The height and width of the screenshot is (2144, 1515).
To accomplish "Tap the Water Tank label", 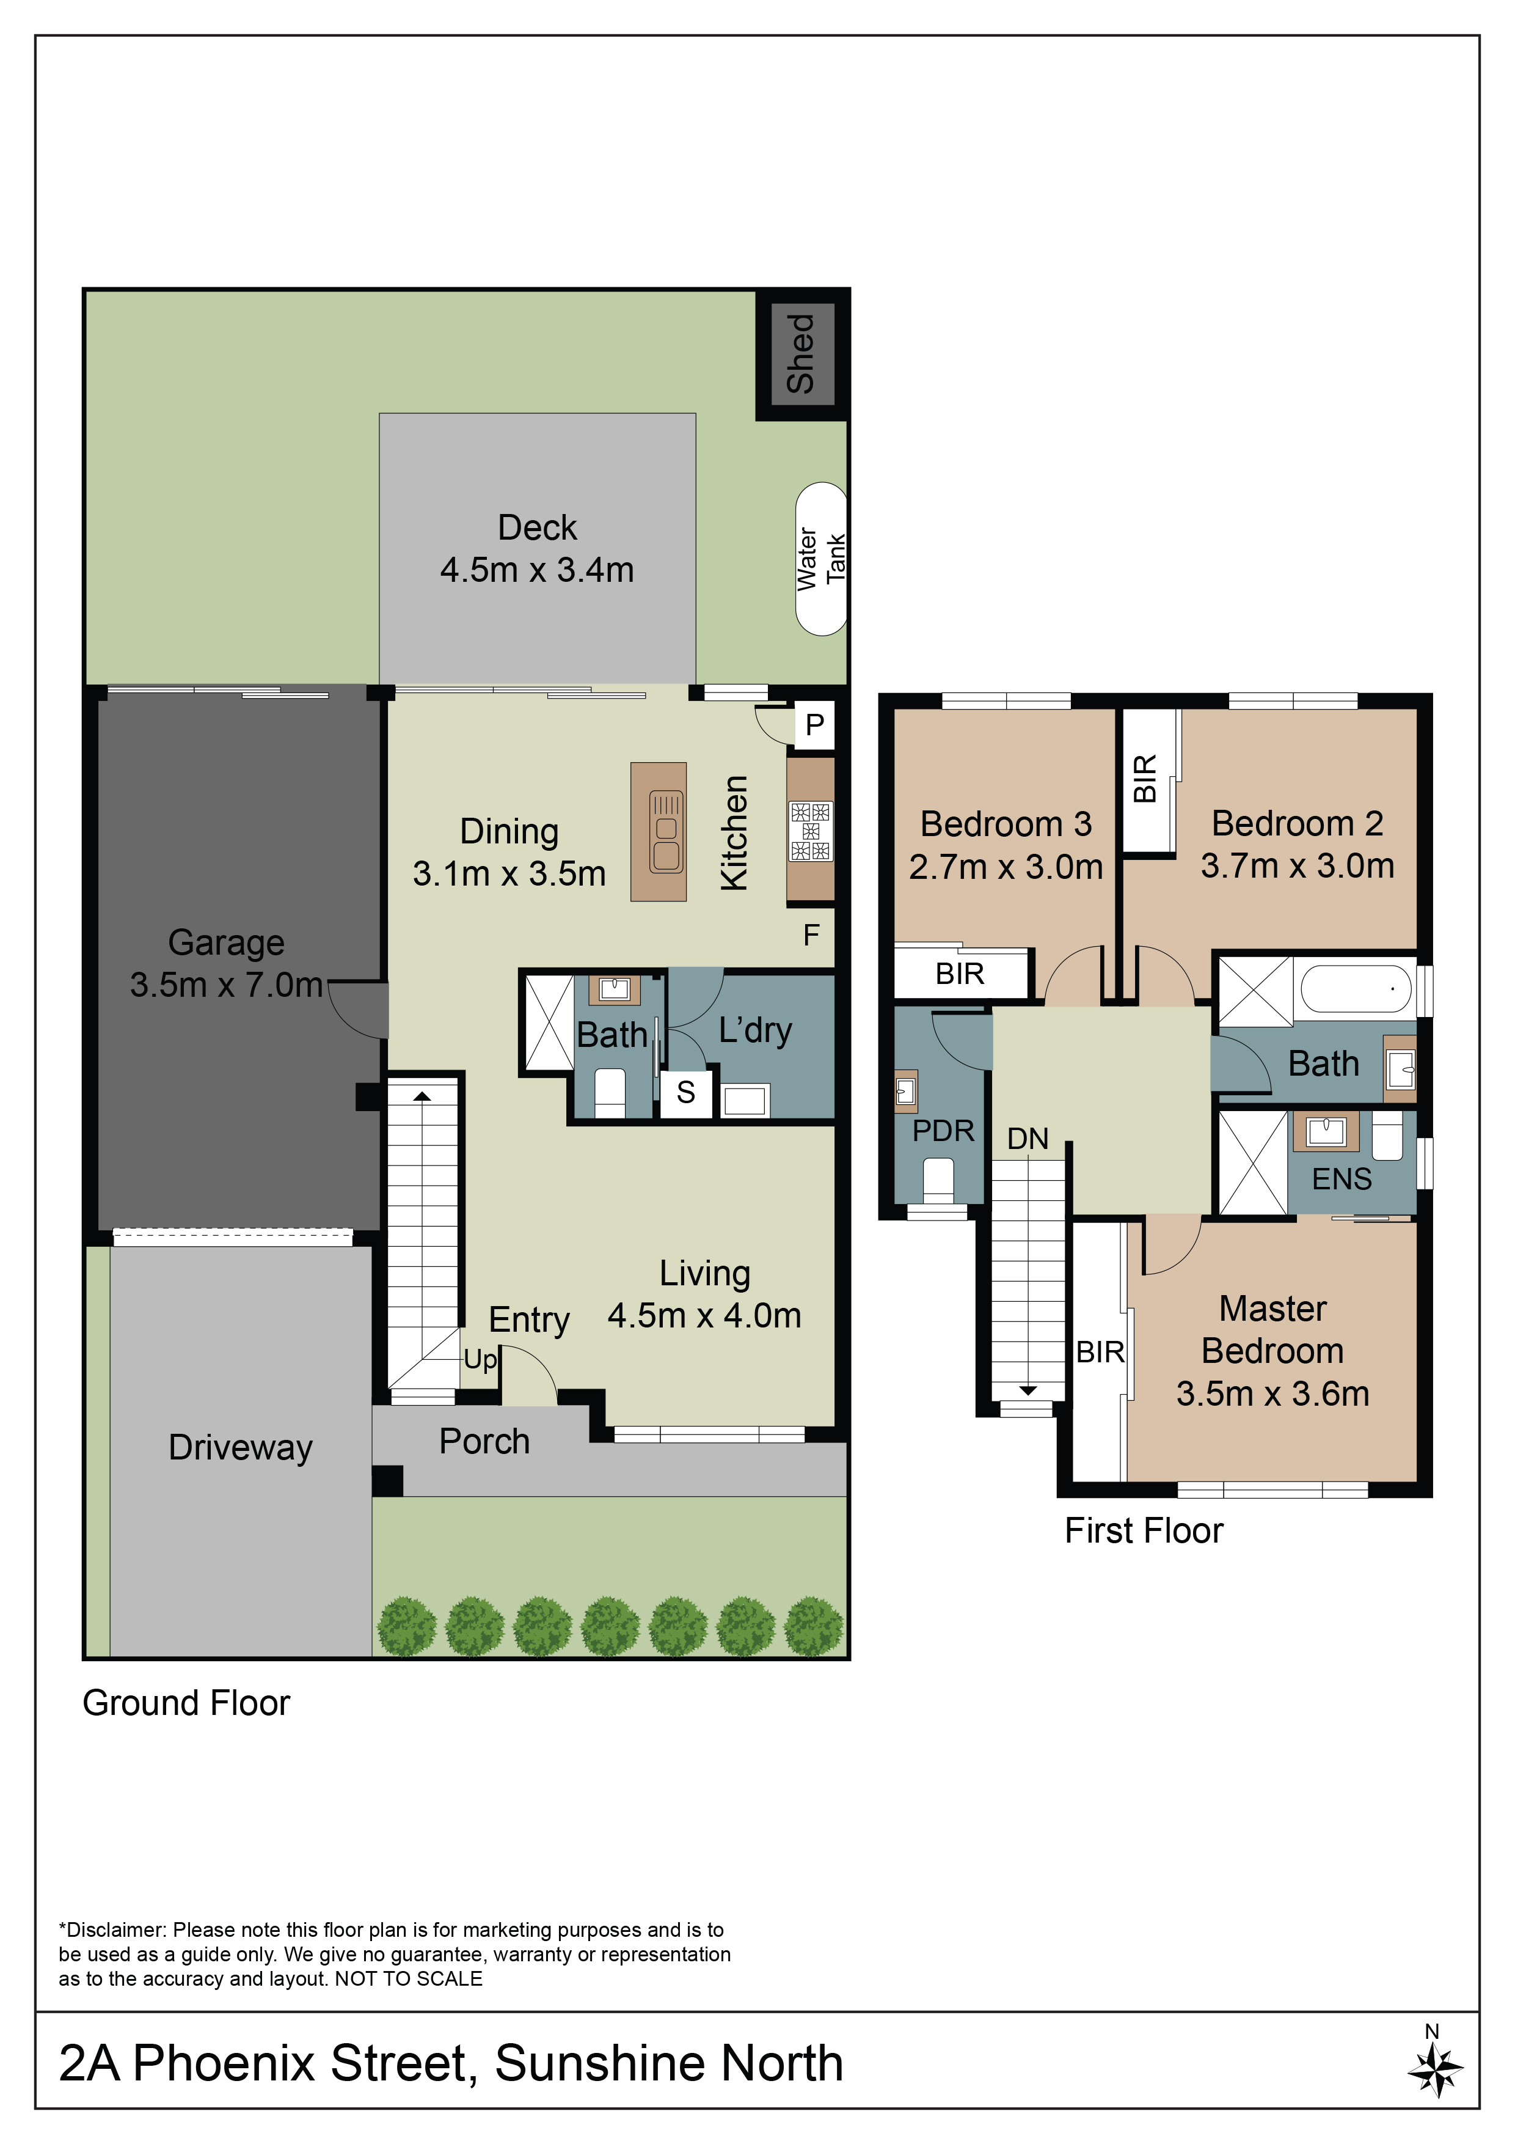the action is pos(822,559).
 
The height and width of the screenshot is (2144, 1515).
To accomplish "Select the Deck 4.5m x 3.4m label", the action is pos(538,548).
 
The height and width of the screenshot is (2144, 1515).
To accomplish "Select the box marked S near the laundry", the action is pos(686,1092).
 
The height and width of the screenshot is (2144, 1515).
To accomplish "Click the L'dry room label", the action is pos(755,1030).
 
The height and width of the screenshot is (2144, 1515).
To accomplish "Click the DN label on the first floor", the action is pos(1028,1138).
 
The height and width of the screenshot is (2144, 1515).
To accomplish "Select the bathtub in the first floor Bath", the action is pos(1356,988).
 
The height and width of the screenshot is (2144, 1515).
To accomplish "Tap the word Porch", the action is pos(484,1441).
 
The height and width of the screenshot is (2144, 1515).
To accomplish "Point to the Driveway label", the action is pos(241,1447).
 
